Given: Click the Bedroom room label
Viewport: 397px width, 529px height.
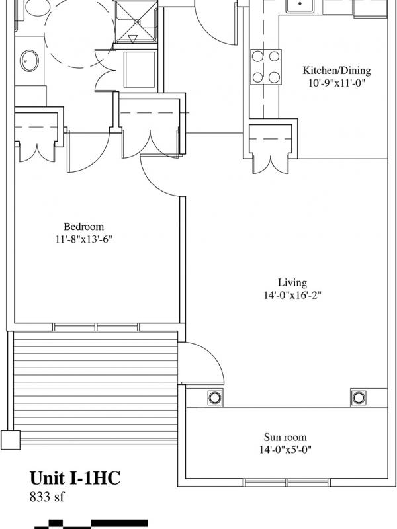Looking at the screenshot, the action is pyautogui.click(x=84, y=226).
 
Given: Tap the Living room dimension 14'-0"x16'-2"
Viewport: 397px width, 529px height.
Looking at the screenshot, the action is pyautogui.click(x=292, y=295).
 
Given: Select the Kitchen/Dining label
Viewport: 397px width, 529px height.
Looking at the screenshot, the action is pyautogui.click(x=336, y=71).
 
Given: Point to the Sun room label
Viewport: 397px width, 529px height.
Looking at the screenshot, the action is pyautogui.click(x=285, y=437).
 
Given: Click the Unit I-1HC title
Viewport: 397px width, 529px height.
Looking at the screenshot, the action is pyautogui.click(x=75, y=478).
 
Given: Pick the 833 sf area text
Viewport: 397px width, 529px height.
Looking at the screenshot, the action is pyautogui.click(x=46, y=497).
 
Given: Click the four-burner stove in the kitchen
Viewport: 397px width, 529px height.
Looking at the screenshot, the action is pyautogui.click(x=266, y=67).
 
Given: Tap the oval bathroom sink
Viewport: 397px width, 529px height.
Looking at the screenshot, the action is pyautogui.click(x=29, y=61).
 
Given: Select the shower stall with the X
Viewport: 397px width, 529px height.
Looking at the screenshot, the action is pyautogui.click(x=136, y=22).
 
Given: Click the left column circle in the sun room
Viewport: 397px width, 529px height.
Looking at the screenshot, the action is pyautogui.click(x=214, y=398).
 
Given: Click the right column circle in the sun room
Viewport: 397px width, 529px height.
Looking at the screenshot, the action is pyautogui.click(x=358, y=398).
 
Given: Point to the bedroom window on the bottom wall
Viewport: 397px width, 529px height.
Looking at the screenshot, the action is pyautogui.click(x=96, y=327).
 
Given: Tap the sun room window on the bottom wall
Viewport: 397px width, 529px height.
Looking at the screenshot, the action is pyautogui.click(x=287, y=483).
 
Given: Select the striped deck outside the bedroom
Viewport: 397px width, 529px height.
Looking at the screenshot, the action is pyautogui.click(x=95, y=387).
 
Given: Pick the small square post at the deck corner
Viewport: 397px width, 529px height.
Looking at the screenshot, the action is pyautogui.click(x=11, y=440).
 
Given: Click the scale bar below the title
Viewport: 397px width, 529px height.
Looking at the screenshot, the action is pyautogui.click(x=91, y=524).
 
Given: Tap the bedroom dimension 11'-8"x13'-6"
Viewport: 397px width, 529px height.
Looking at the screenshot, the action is pyautogui.click(x=84, y=239).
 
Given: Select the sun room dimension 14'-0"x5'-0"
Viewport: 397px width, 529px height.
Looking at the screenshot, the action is pyautogui.click(x=285, y=450).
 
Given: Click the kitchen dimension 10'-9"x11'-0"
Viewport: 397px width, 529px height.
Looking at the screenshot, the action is pyautogui.click(x=337, y=83).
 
